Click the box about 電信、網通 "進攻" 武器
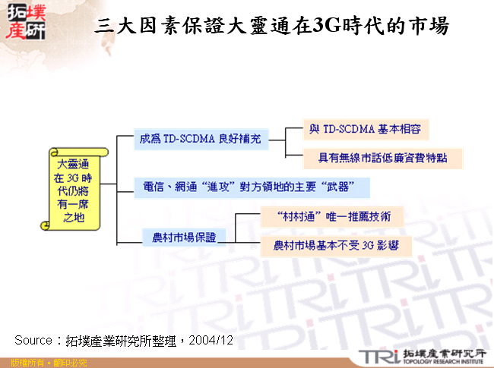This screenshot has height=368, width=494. click(x=251, y=187)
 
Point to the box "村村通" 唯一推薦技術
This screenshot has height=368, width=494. click(x=330, y=216)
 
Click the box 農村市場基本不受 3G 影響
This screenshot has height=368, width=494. click(x=334, y=246)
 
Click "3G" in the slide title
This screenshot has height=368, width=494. click(x=328, y=27)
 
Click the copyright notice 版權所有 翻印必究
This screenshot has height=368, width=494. click(x=43, y=363)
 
